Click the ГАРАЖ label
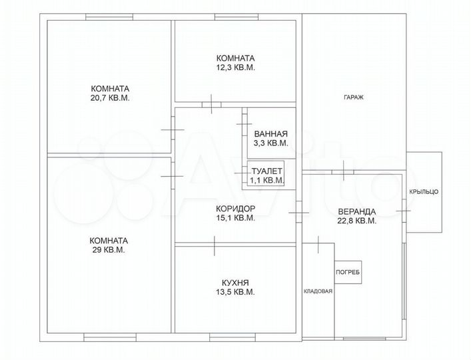tap(354, 97)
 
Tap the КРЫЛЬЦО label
tap(424, 192)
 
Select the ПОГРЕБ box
tap(348, 272)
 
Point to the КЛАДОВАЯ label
tap(318, 291)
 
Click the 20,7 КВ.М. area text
tap(110, 98)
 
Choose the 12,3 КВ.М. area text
tap(236, 67)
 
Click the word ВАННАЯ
tap(271, 134)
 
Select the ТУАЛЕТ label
tap(266, 171)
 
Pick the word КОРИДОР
tap(236, 208)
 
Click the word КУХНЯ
tap(235, 283)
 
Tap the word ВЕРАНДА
tap(357, 211)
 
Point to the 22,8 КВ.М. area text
tap(357, 221)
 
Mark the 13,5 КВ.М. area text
tap(235, 292)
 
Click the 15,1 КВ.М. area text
tap(236, 218)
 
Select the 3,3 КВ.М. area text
tap(271, 143)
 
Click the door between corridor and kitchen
tap(214, 245)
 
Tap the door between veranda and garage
tap(343, 171)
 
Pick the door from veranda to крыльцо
tap(404, 211)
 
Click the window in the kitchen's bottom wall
tap(233, 337)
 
